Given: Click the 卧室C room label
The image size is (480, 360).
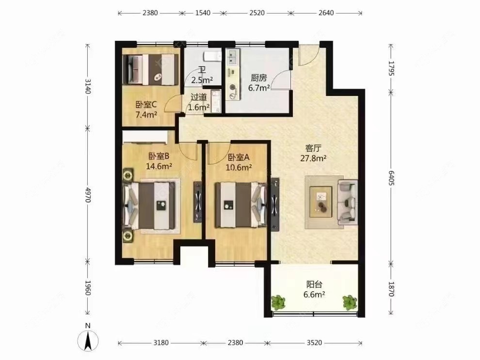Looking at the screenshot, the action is (146, 105).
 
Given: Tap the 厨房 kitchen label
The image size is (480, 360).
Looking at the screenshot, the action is (259, 78).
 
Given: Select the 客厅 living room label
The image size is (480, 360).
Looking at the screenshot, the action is (313, 148).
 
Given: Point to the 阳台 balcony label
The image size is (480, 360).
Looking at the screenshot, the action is (314, 284).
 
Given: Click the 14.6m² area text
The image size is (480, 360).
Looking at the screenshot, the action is (159, 166).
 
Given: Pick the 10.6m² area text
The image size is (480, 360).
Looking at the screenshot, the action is (239, 167).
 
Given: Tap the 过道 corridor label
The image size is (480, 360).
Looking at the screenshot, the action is (199, 97).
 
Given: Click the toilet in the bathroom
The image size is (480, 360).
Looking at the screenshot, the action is (212, 56).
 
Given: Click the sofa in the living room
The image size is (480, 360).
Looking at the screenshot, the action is (348, 202).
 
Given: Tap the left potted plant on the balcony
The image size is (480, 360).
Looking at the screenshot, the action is (278, 302).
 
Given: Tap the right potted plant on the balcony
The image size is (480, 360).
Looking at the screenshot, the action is (350, 302).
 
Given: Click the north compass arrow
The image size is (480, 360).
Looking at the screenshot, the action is (88, 341).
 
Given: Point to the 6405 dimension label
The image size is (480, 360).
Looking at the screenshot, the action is (391, 178).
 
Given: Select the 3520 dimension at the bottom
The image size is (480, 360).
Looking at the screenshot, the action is (314, 343).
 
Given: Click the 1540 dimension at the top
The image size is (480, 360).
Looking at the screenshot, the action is (203, 13).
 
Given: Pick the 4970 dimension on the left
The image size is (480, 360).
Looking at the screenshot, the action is (88, 195).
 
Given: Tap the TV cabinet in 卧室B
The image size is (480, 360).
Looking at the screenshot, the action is (198, 202).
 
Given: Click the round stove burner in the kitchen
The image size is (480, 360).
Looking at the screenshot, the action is (233, 87).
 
